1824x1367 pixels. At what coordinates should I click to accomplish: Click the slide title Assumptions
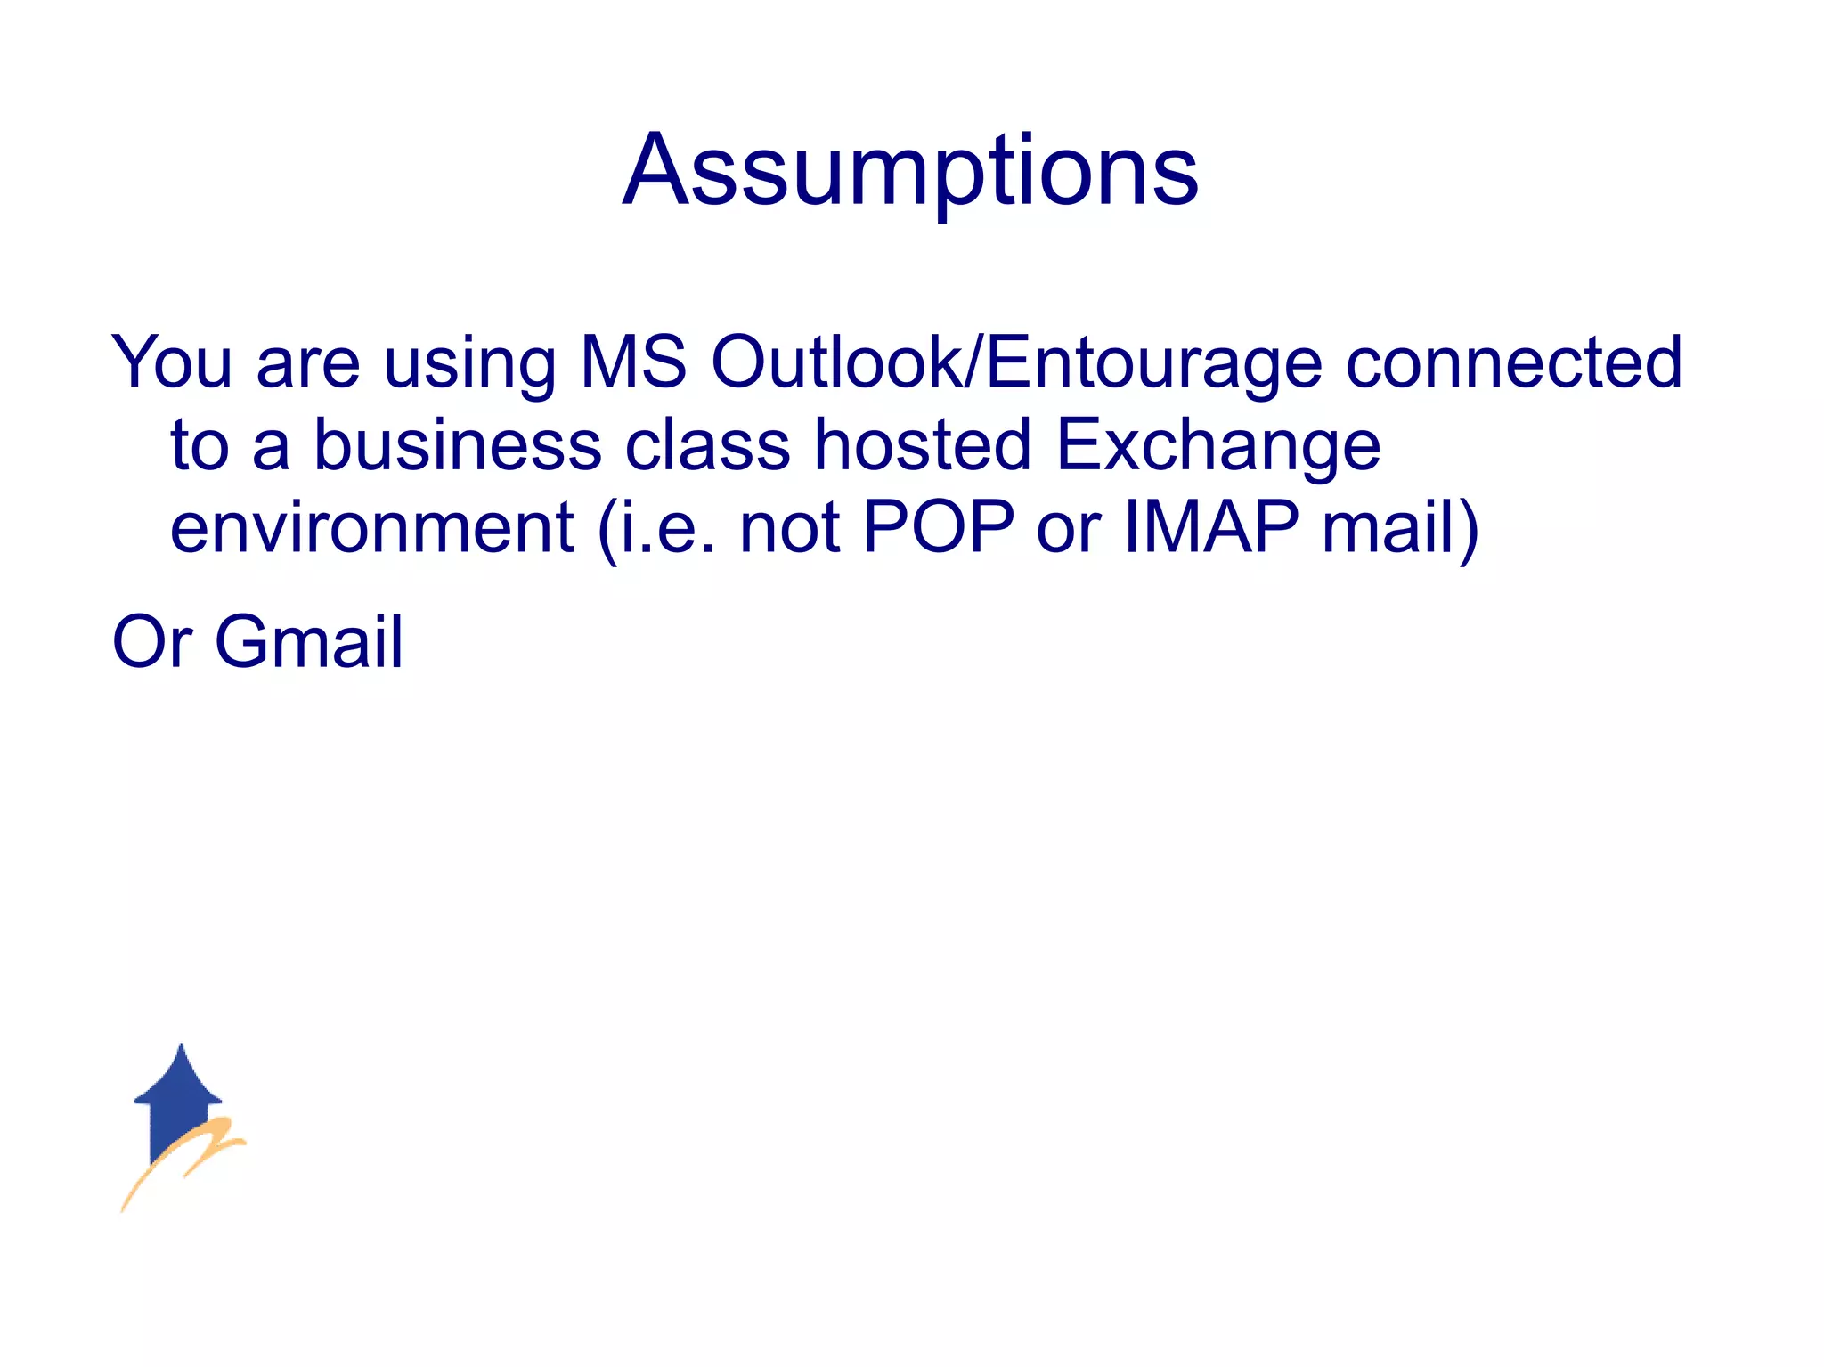[x=910, y=170]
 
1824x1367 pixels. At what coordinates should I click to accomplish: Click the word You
[x=172, y=362]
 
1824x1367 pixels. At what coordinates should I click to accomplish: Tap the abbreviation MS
[x=633, y=362]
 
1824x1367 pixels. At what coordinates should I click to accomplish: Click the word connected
[x=1513, y=362]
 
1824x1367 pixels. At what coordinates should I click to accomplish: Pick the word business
[x=458, y=444]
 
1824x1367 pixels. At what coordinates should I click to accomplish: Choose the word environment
[x=372, y=527]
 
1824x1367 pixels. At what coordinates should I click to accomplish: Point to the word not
[x=790, y=528]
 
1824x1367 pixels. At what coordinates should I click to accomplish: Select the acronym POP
[x=939, y=527]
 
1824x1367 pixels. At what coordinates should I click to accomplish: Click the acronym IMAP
[x=1211, y=527]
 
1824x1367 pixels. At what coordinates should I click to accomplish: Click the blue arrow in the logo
[x=178, y=1095]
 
